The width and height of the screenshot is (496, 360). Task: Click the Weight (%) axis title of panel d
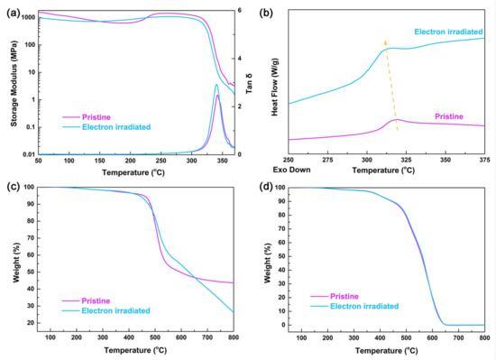[x=271, y=257]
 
